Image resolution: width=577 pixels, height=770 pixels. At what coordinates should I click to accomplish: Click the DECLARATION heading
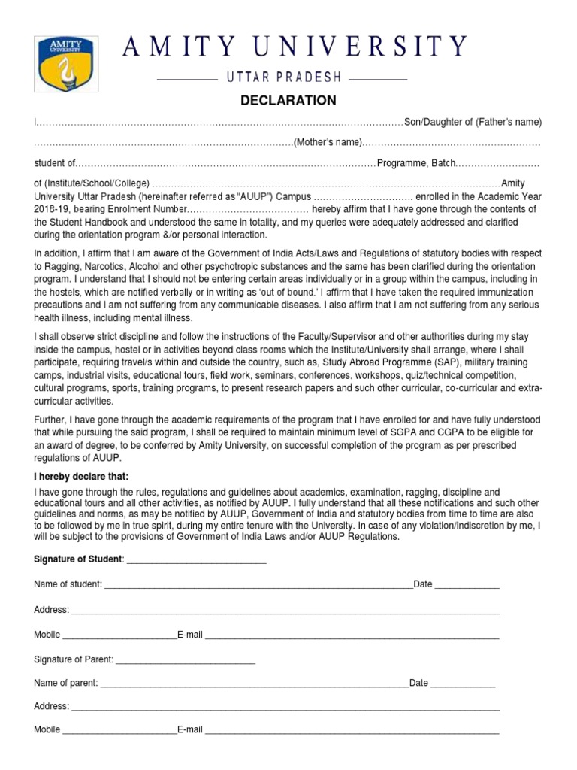pyautogui.click(x=288, y=101)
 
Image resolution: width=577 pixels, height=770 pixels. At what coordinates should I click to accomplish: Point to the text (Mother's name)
pyautogui.click(x=327, y=143)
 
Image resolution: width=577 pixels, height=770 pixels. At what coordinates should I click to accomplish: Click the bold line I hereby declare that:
pyautogui.click(x=81, y=477)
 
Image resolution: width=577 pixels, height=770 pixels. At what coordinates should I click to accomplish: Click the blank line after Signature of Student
pyautogui.click(x=196, y=559)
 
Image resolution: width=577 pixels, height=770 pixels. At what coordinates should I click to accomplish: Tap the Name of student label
pyautogui.click(x=68, y=584)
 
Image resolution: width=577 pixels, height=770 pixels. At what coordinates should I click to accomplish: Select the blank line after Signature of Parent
pyautogui.click(x=186, y=660)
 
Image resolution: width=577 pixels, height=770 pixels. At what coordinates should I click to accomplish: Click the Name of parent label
pyautogui.click(x=66, y=683)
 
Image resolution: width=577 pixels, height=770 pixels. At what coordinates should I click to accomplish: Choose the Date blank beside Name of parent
pyautogui.click(x=463, y=685)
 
